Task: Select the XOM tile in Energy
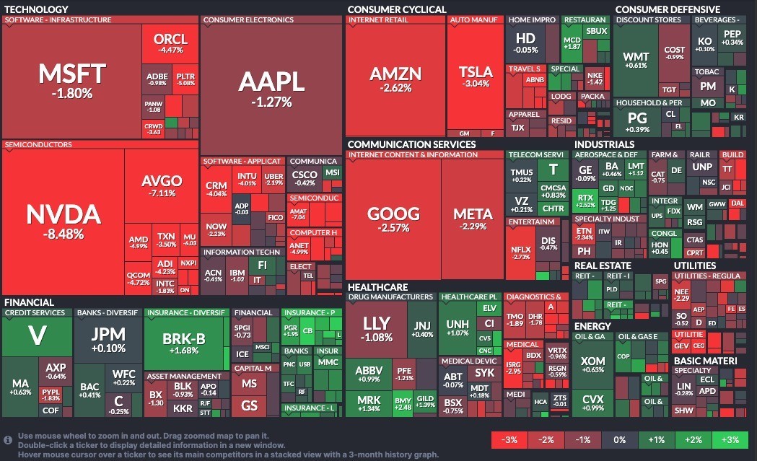pos(592,365)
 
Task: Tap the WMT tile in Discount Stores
pos(635,61)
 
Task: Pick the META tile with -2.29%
pos(473,219)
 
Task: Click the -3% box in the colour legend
pos(509,440)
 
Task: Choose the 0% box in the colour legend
pos(620,440)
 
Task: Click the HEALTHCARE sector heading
pos(377,287)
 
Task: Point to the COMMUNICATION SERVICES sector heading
pos(411,144)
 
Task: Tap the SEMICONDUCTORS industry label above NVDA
pos(38,145)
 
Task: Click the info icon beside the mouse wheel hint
pos(8,439)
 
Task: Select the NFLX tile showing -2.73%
pos(521,251)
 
